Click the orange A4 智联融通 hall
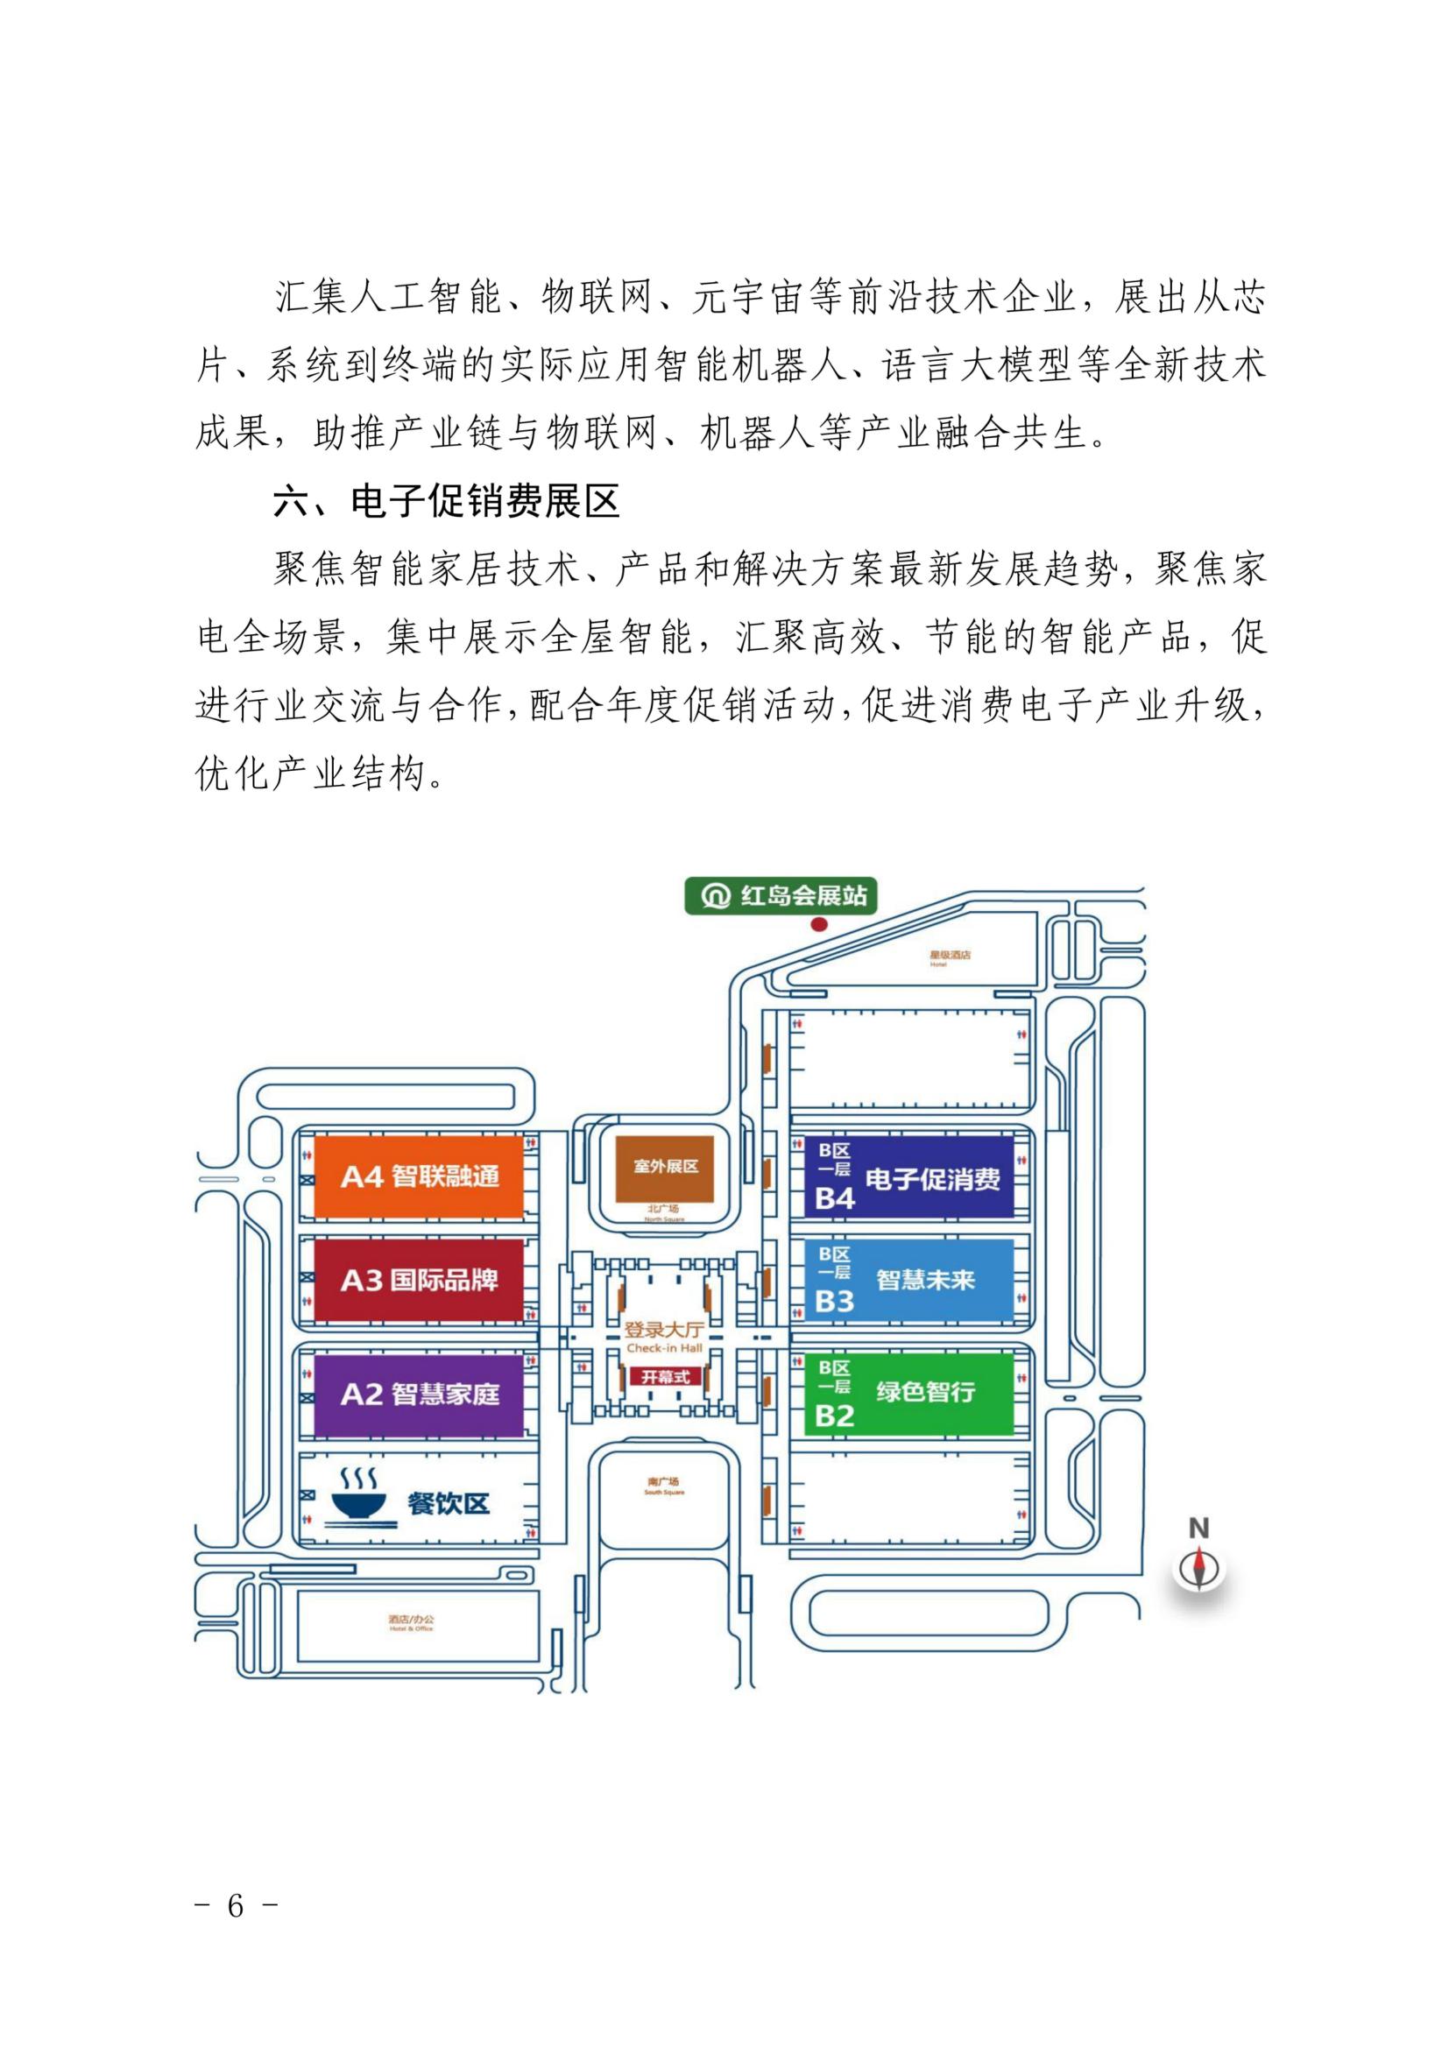click(418, 1176)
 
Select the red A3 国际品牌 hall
click(418, 1280)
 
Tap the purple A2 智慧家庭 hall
click(418, 1394)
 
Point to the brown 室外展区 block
click(666, 1168)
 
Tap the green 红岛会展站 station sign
click(781, 895)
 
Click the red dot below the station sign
click(818, 924)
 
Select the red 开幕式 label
click(665, 1376)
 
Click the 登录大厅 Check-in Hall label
click(664, 1336)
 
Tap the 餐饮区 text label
click(448, 1503)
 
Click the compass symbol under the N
click(1198, 1569)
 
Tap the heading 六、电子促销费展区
click(446, 502)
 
